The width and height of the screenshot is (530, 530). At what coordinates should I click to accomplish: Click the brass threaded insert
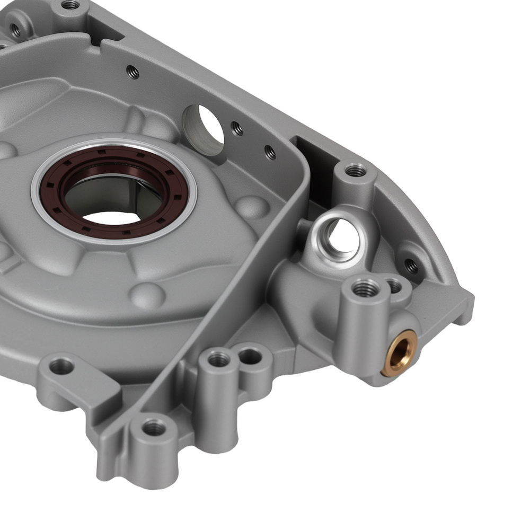[x=399, y=352]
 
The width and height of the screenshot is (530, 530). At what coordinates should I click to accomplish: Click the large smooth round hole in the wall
[x=204, y=129]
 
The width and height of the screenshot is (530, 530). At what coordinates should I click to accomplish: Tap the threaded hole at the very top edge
[x=70, y=5]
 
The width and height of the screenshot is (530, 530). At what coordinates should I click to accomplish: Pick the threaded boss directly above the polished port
[x=355, y=171]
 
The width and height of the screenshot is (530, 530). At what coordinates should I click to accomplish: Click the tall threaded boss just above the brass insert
[x=365, y=289]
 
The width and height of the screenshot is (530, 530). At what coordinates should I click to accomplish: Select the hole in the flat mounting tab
[x=62, y=366]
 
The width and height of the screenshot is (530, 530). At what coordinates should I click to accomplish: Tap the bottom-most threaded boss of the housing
[x=154, y=427]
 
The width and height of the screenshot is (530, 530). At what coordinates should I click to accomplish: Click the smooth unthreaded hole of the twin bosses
[x=250, y=357]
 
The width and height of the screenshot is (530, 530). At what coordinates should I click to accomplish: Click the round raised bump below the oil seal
[x=147, y=293]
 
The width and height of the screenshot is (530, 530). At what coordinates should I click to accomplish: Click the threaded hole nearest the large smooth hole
[x=237, y=128]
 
